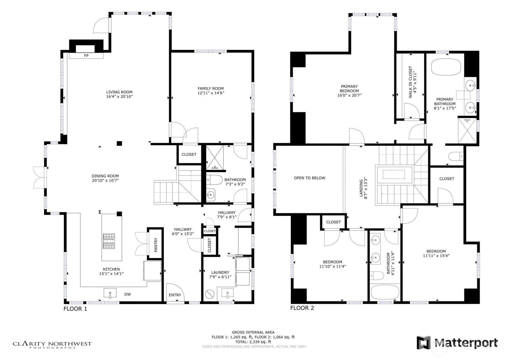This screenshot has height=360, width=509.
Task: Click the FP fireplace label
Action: (86, 55)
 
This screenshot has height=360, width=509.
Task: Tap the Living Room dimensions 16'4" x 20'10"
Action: (119, 96)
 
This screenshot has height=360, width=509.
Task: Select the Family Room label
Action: (211, 88)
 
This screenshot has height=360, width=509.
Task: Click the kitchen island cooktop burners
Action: (109, 241)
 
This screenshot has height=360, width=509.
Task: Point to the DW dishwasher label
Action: (127, 294)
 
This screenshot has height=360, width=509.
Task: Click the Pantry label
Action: (156, 245)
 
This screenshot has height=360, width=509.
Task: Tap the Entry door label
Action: (175, 295)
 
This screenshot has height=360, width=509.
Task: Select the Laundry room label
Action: (220, 272)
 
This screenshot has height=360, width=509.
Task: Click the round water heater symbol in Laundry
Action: (210, 294)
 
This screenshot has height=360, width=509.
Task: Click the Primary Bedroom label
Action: (349, 88)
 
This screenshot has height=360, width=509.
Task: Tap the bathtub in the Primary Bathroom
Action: (446, 67)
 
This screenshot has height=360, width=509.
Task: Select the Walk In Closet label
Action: (410, 82)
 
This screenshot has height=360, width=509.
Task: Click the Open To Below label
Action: (309, 178)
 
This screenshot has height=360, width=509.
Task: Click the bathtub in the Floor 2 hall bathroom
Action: (385, 292)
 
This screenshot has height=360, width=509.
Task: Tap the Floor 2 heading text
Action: (302, 308)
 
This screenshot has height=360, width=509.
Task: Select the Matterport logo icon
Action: (424, 342)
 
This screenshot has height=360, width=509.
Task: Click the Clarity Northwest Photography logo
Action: (52, 345)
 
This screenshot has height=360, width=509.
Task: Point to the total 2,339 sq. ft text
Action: (253, 341)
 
